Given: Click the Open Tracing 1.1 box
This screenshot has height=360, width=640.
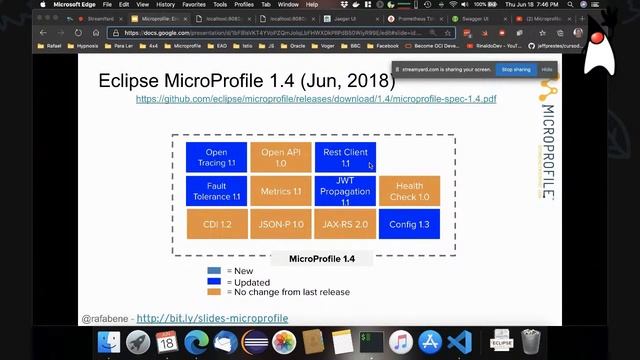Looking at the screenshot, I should pyautogui.click(x=216, y=157).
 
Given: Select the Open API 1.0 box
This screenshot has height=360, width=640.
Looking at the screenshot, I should pyautogui.click(x=281, y=157).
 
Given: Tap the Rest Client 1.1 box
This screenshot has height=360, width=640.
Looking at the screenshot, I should pyautogui.click(x=345, y=157).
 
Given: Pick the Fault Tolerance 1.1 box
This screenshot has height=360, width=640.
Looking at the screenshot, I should pyautogui.click(x=216, y=190).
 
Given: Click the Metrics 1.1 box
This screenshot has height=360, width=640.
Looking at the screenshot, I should pyautogui.click(x=281, y=191).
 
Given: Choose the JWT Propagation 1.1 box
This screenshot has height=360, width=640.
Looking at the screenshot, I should pyautogui.click(x=345, y=190).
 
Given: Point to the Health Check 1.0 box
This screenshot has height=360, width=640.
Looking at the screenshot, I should pyautogui.click(x=409, y=190).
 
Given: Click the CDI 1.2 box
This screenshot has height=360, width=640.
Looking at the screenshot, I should pyautogui.click(x=216, y=224).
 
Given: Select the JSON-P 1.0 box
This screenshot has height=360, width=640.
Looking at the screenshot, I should pyautogui.click(x=281, y=224).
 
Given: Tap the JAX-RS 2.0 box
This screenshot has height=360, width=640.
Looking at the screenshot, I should pyautogui.click(x=345, y=224).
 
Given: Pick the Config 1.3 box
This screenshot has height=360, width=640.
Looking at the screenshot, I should pyautogui.click(x=409, y=224).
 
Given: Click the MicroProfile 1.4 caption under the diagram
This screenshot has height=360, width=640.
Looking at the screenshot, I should pyautogui.click(x=322, y=259).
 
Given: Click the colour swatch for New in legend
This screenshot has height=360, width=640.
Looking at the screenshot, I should pyautogui.click(x=214, y=271).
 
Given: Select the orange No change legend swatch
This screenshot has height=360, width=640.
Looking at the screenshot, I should pyautogui.click(x=214, y=292).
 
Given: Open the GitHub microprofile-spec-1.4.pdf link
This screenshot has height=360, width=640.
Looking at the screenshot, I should pyautogui.click(x=316, y=99).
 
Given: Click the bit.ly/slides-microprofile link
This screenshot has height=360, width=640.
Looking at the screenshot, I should pyautogui.click(x=212, y=319).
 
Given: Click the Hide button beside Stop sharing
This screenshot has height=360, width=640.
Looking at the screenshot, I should pyautogui.click(x=547, y=70).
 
